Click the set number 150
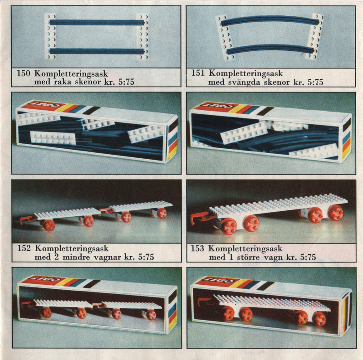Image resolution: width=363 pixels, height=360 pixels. tap(24, 73)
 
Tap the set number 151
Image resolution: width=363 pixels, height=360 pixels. tap(198, 73)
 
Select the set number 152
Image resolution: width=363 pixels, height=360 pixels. tap(24, 248)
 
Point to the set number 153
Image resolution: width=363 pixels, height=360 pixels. tap(197, 248)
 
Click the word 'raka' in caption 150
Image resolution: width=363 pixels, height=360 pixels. tap(63, 82)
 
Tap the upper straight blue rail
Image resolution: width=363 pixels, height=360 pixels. tap(97, 22)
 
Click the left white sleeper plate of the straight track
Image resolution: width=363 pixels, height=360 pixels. tap(50, 37)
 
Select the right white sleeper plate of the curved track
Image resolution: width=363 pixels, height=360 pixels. tap(314, 36)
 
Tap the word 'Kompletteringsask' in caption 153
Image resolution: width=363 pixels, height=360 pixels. tap(245, 249)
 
